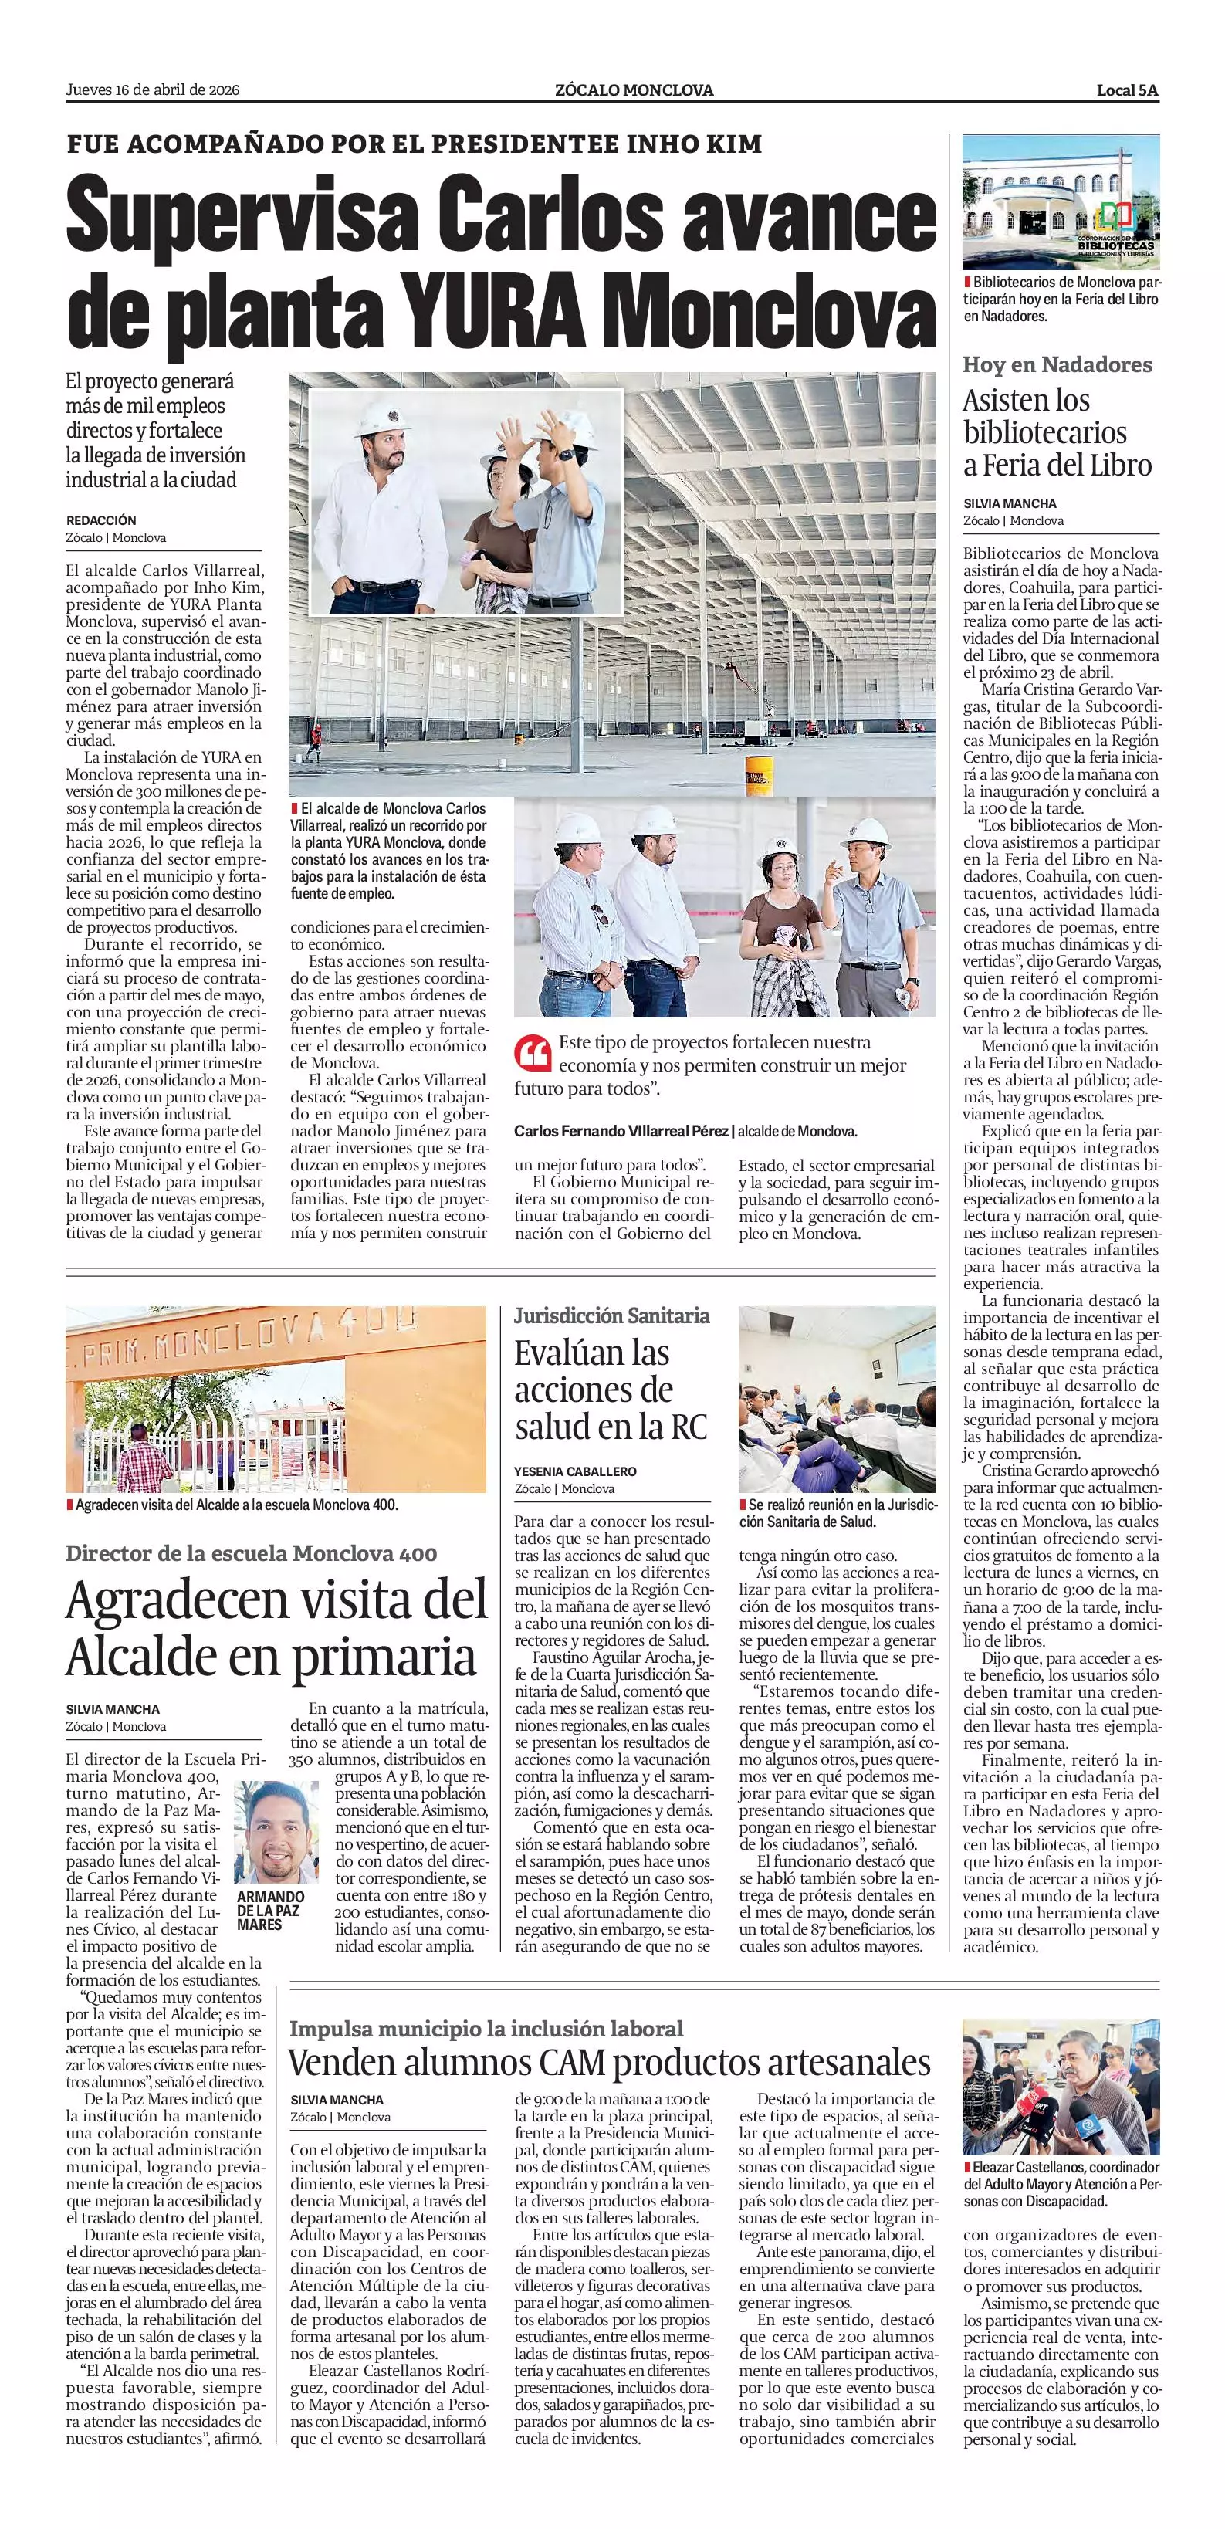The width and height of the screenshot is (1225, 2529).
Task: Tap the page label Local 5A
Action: tap(1128, 90)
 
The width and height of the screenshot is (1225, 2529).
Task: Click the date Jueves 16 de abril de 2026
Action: tap(152, 90)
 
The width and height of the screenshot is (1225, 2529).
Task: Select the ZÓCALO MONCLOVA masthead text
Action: tap(633, 90)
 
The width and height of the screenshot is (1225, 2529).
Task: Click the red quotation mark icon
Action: tap(531, 1054)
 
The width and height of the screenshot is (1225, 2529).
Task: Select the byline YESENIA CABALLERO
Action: tap(575, 1471)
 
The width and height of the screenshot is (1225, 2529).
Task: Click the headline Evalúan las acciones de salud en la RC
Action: tap(611, 1390)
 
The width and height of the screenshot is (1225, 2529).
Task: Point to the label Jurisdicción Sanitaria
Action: tap(611, 1315)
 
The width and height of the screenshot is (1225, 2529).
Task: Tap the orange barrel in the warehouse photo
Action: tap(759, 776)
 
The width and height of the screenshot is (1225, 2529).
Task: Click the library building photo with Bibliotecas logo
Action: tap(1060, 202)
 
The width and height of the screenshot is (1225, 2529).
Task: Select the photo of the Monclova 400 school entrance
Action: tap(276, 1399)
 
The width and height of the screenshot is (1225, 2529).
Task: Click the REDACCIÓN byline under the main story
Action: tap(101, 520)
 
